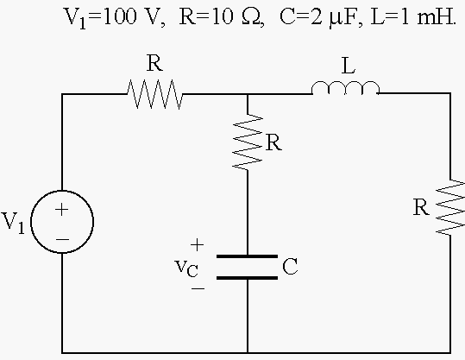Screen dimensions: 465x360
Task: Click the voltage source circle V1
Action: click(31, 222)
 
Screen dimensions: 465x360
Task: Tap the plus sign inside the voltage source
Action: click(62, 210)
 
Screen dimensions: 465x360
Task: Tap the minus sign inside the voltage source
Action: click(62, 239)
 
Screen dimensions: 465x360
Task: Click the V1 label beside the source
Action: click(13, 223)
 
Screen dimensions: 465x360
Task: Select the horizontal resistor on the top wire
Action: click(154, 94)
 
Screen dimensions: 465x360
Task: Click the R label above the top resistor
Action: click(154, 63)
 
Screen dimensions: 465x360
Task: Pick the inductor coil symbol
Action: click(345, 88)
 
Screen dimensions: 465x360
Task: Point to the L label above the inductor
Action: click(349, 66)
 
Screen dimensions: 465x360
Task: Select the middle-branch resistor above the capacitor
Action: click(248, 142)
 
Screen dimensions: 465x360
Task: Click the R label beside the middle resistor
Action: click(273, 142)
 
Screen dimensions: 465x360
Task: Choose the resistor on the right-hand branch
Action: click(450, 207)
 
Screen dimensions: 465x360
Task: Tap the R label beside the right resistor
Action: click(421, 207)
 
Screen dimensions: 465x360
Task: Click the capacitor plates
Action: click(248, 267)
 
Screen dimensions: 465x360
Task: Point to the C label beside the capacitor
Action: click(290, 266)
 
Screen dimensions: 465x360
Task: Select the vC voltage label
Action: click(186, 268)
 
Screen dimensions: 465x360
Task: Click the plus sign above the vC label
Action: click(198, 245)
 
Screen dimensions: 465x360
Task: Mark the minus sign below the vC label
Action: click(198, 287)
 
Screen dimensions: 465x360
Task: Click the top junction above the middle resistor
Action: click(248, 94)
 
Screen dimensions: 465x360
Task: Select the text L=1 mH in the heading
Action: click(413, 16)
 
